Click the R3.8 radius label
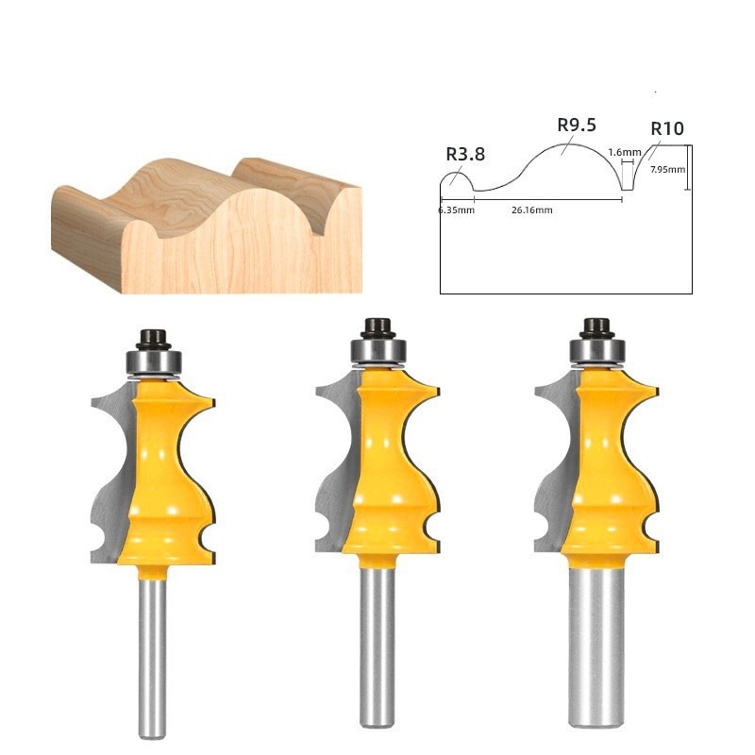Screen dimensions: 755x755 click(465, 154)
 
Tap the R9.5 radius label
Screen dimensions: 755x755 click(577, 126)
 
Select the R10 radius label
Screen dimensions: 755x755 click(667, 128)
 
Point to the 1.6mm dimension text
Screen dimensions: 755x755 click(625, 152)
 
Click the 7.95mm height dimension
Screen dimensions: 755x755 click(667, 170)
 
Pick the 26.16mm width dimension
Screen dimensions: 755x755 click(531, 210)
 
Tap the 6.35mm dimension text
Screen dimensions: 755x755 click(457, 210)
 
